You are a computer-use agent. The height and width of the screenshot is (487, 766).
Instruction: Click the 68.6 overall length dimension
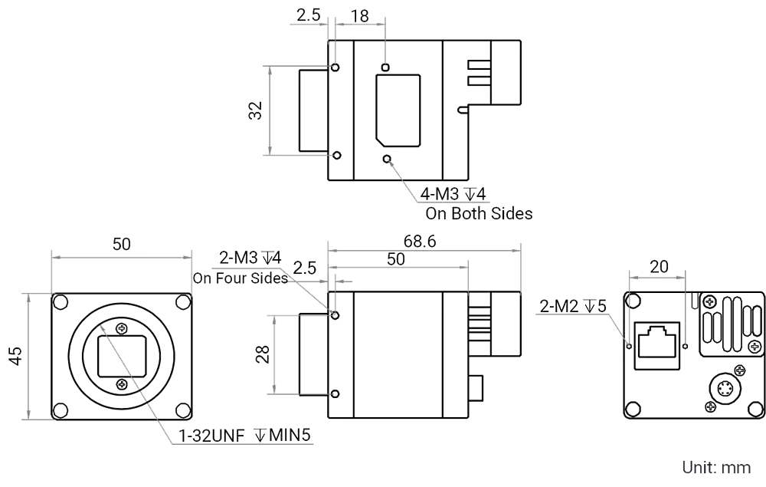coord(420,242)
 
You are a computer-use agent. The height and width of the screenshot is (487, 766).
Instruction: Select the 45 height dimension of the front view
coord(15,354)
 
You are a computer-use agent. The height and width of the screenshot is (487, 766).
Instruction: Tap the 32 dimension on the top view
coord(255,111)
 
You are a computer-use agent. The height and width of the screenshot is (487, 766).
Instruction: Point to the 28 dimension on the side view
coord(262,354)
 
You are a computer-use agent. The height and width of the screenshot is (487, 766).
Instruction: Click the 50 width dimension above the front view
coord(121,245)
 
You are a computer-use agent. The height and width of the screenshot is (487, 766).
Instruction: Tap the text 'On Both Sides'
coord(479,214)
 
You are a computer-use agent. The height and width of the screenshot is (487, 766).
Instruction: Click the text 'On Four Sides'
coord(240,278)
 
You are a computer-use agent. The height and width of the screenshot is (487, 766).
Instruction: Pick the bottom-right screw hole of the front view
coord(182,410)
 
